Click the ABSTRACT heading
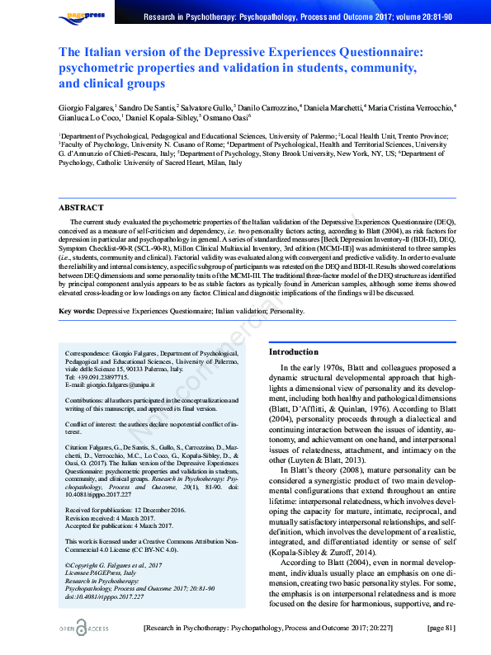[81, 208]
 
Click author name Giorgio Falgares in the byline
[86, 107]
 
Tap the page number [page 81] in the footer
[441, 629]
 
